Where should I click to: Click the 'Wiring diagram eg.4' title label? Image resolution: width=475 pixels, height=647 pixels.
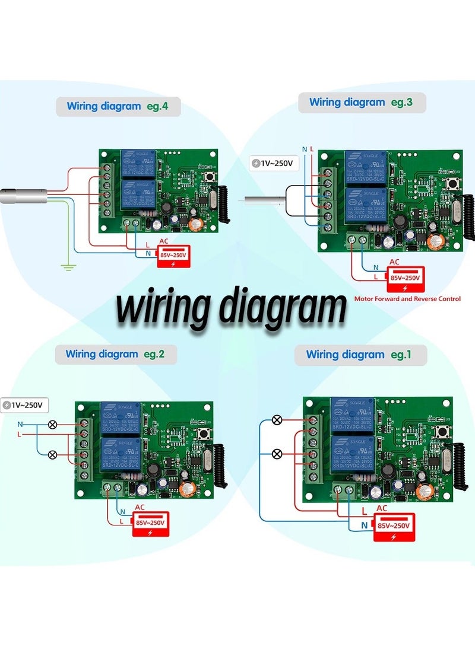(x=118, y=107)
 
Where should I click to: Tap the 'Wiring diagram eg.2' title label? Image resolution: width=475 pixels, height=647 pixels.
(x=115, y=355)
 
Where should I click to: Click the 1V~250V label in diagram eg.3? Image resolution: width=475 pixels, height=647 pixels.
(x=273, y=163)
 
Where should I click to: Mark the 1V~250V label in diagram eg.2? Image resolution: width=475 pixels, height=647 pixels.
(x=25, y=405)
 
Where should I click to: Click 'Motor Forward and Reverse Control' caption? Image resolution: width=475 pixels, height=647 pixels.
(x=407, y=299)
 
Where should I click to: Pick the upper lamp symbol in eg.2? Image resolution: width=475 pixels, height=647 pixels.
(x=53, y=425)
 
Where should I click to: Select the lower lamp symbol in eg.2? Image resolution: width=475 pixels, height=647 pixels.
(x=53, y=454)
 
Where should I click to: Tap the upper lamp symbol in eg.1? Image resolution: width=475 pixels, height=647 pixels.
(x=277, y=420)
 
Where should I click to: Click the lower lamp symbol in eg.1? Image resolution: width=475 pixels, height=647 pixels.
(x=277, y=454)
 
